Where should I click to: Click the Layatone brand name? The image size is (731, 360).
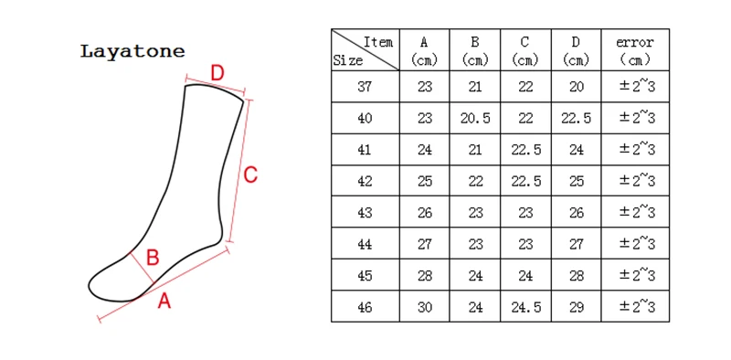[132, 51]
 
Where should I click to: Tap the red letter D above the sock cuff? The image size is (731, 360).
[217, 73]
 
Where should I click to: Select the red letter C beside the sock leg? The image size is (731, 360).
[250, 175]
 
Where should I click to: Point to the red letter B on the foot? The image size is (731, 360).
[153, 258]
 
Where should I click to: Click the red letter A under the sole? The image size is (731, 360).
[164, 301]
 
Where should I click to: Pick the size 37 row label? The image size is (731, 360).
[365, 87]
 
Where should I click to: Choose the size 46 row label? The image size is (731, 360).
[365, 307]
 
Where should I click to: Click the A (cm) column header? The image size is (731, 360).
[424, 51]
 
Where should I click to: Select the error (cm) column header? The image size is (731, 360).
[635, 51]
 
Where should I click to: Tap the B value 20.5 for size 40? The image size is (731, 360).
[475, 119]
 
